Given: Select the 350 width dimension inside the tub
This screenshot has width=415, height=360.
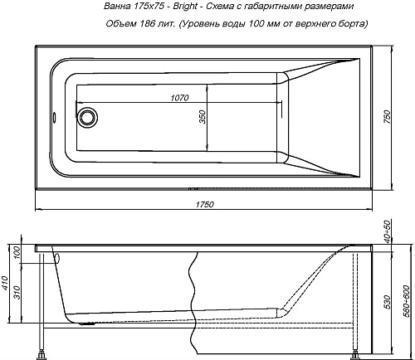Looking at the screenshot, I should [x=202, y=118].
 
